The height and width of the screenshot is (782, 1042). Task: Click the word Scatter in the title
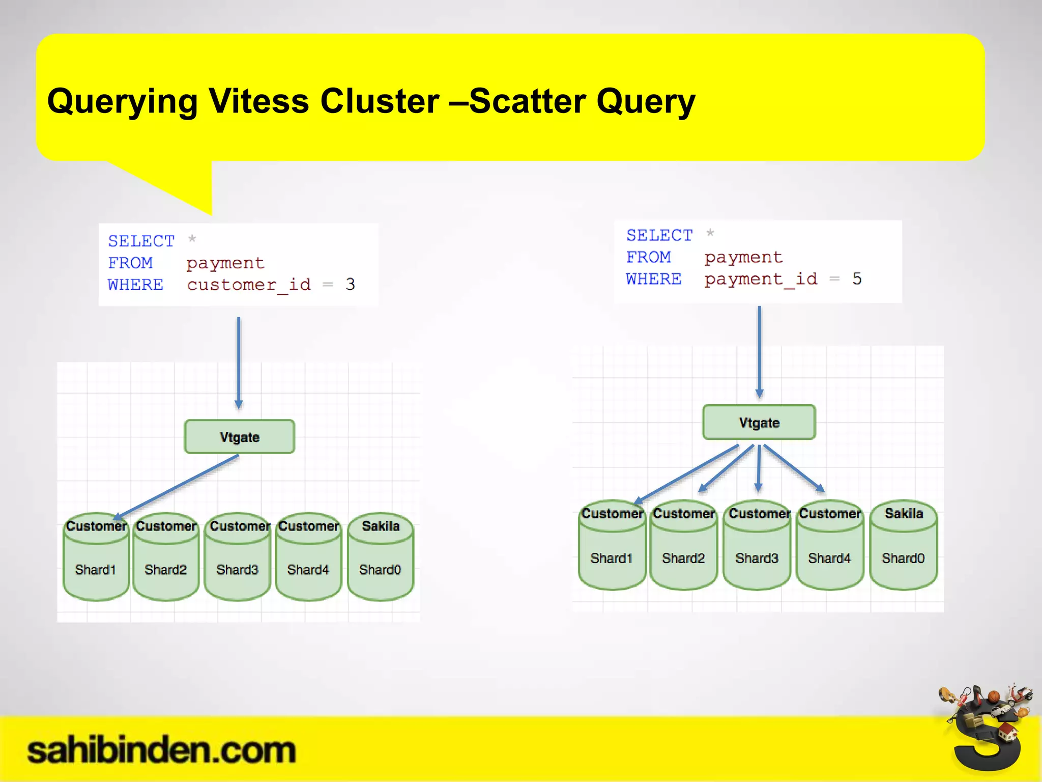(527, 101)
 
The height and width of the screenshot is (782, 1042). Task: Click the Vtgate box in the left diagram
(239, 437)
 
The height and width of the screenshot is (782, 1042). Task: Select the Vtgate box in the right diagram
(759, 423)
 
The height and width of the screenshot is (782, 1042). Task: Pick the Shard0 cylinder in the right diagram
(903, 547)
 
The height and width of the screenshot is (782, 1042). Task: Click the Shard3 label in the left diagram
(237, 570)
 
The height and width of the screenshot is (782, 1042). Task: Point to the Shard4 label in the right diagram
(829, 558)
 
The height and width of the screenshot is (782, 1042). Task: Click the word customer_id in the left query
(248, 285)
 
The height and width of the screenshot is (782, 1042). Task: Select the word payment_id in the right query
(761, 279)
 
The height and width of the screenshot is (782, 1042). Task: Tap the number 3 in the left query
(350, 284)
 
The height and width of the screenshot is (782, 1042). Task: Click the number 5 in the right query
(857, 278)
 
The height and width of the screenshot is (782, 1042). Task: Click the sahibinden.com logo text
(161, 750)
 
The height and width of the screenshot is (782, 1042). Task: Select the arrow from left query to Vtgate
(238, 361)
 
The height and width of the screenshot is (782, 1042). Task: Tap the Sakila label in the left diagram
(381, 526)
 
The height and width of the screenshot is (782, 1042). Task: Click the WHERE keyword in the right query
(653, 279)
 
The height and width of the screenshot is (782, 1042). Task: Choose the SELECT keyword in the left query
(141, 241)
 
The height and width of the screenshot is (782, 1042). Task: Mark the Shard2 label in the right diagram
(683, 558)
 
